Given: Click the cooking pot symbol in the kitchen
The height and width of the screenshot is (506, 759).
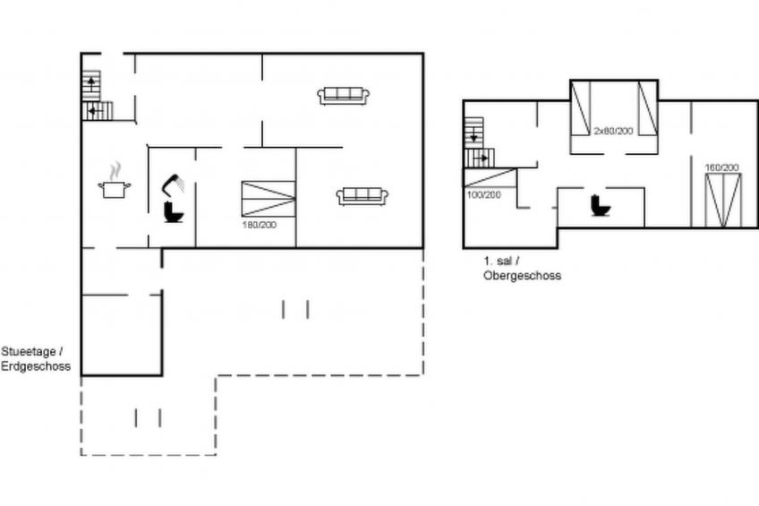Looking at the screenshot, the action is (115, 181).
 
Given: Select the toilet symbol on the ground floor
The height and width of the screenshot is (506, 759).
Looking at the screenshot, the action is (173, 212).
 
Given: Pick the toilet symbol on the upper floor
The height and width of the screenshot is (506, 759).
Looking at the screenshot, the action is (601, 205).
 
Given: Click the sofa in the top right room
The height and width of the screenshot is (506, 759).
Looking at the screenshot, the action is (344, 96).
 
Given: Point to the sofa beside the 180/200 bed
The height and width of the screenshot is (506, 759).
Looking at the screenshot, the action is (362, 197).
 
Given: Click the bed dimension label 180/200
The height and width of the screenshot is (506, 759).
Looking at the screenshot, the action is (260, 225).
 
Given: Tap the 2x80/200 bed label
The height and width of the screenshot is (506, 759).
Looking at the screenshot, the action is (613, 131).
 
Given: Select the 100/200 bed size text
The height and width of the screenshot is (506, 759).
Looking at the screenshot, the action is (483, 194).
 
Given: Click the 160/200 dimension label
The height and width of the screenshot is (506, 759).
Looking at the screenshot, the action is (721, 167).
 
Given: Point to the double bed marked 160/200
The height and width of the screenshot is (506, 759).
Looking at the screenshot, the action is (722, 201).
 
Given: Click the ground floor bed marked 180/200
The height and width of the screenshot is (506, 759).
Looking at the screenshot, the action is (269, 199).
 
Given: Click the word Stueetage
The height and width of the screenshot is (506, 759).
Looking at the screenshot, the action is (29, 352).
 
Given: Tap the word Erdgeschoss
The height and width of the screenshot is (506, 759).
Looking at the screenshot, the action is (36, 366).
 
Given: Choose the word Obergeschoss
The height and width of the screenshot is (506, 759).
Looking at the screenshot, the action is (523, 276).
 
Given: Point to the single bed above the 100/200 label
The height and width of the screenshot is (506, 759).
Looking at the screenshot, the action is (490, 177).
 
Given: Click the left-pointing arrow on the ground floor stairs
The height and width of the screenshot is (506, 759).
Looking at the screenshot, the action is (96, 111).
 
